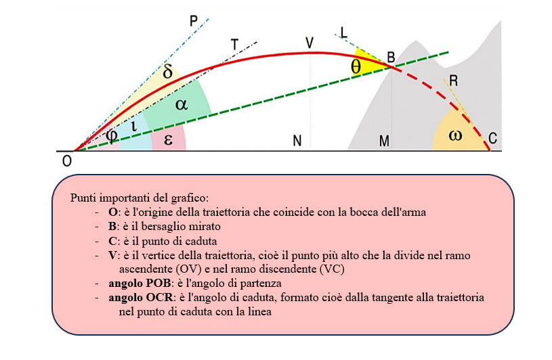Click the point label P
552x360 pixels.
click(x=194, y=22)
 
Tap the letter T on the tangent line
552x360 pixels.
click(x=234, y=45)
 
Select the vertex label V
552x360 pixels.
click(x=310, y=43)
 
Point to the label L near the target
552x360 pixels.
click(x=343, y=32)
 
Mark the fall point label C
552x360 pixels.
click(x=492, y=139)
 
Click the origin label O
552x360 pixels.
click(x=66, y=160)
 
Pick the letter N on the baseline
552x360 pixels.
click(x=297, y=141)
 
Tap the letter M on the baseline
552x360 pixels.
click(x=384, y=141)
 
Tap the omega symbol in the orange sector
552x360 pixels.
click(x=455, y=135)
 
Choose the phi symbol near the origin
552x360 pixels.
click(x=112, y=135)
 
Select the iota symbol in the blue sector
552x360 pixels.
click(x=134, y=126)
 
